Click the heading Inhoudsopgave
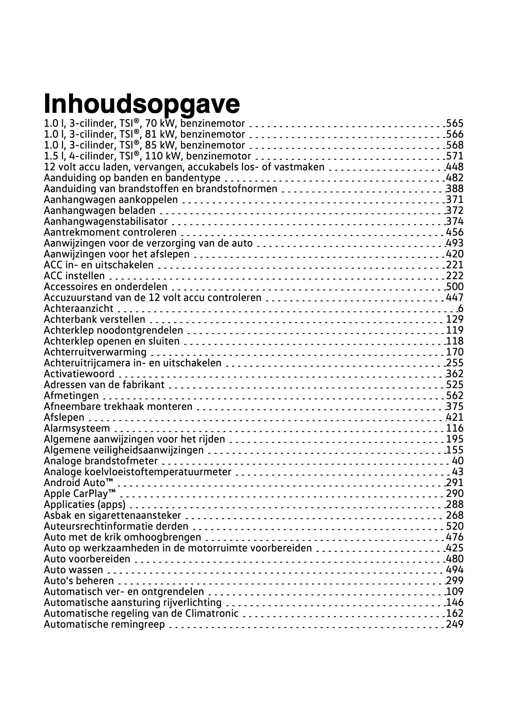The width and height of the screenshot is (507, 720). click(x=142, y=104)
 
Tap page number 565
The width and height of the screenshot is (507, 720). click(x=455, y=123)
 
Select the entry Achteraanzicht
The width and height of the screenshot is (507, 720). click(x=78, y=308)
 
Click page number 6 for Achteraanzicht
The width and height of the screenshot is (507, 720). click(x=460, y=308)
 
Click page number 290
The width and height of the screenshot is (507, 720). click(x=455, y=494)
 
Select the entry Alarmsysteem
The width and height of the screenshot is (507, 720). click(x=77, y=428)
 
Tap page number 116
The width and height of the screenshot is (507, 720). click(x=455, y=428)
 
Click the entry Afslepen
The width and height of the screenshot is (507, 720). click(x=64, y=417)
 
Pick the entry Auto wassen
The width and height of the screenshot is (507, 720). click(x=74, y=570)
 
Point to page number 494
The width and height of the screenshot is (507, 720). click(x=455, y=570)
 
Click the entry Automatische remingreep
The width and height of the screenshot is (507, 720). click(x=104, y=624)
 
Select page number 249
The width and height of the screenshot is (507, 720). click(x=455, y=624)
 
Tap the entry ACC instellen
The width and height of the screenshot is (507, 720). click(x=74, y=276)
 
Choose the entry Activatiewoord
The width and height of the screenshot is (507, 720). click(x=79, y=374)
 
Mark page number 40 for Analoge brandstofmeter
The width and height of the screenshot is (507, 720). click(x=458, y=461)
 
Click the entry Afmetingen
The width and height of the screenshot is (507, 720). click(x=71, y=395)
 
